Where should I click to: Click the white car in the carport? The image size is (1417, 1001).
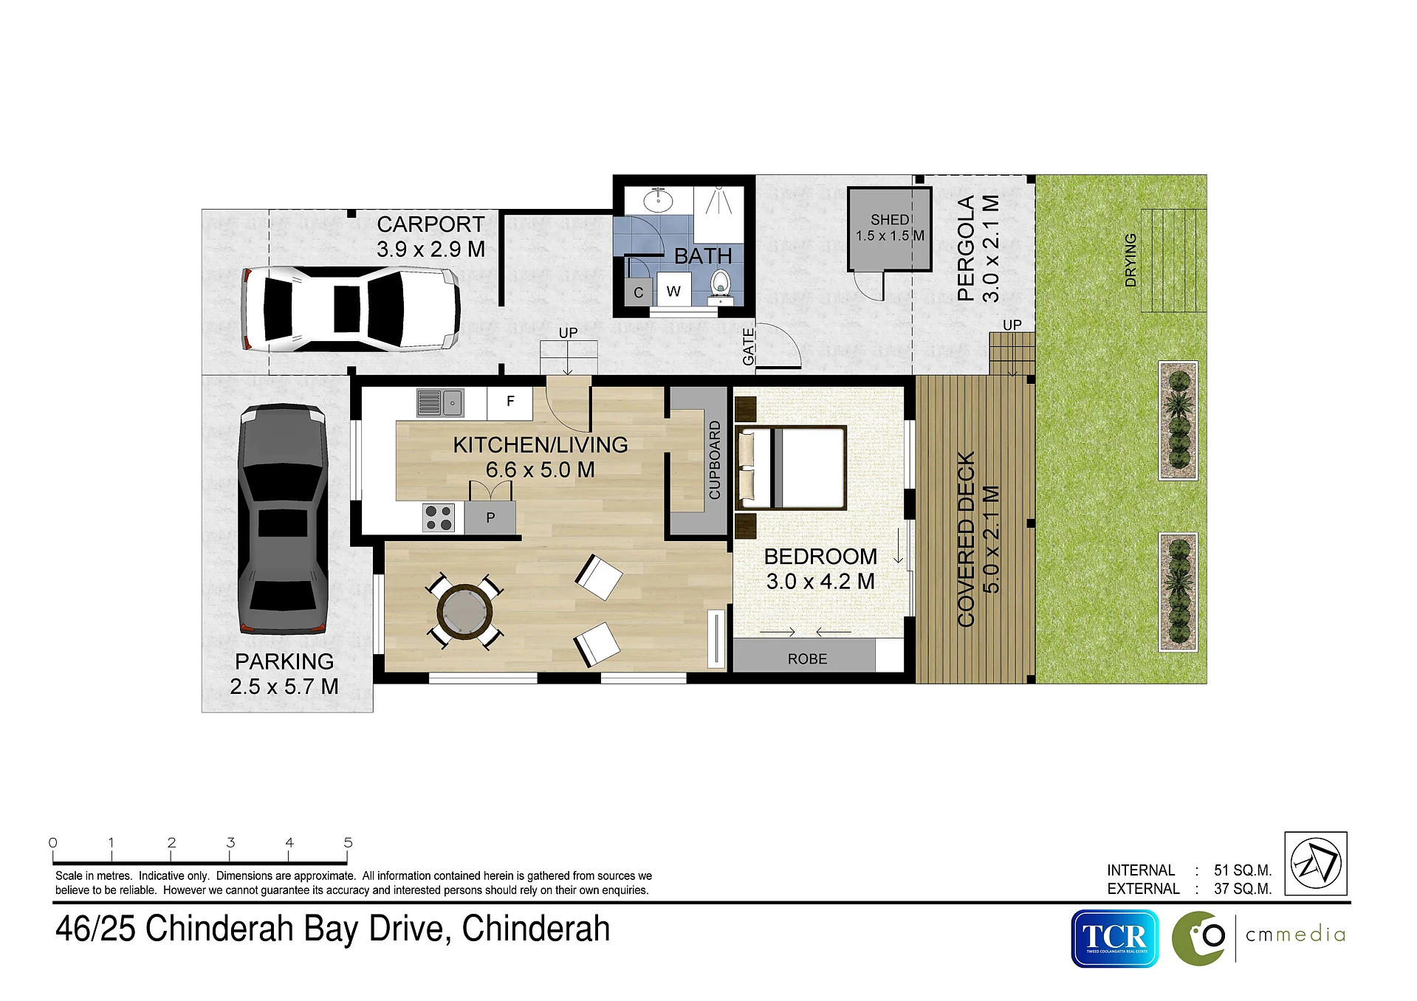tap(351, 309)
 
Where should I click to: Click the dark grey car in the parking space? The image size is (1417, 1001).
tap(284, 518)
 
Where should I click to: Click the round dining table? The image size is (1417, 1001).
tap(464, 610)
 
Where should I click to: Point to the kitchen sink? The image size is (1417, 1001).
tap(440, 403)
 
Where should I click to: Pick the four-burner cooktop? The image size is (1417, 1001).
tap(439, 517)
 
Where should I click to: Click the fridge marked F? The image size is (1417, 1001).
tap(509, 402)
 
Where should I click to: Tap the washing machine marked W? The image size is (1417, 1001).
tap(673, 291)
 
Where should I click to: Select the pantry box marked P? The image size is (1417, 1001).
tap(490, 517)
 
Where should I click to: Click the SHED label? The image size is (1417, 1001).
tap(890, 220)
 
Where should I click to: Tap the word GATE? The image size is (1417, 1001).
tap(749, 347)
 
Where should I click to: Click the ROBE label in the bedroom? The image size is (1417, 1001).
tap(807, 658)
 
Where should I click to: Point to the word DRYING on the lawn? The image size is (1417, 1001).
tap(1130, 260)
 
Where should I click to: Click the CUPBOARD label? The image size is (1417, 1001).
tap(715, 460)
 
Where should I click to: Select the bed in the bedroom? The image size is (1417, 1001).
tap(791, 468)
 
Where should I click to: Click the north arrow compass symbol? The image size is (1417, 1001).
tap(1316, 864)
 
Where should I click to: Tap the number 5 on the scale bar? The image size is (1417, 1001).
tap(349, 842)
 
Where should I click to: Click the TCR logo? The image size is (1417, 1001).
tap(1115, 938)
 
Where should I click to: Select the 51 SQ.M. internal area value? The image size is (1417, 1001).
tap(1243, 870)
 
